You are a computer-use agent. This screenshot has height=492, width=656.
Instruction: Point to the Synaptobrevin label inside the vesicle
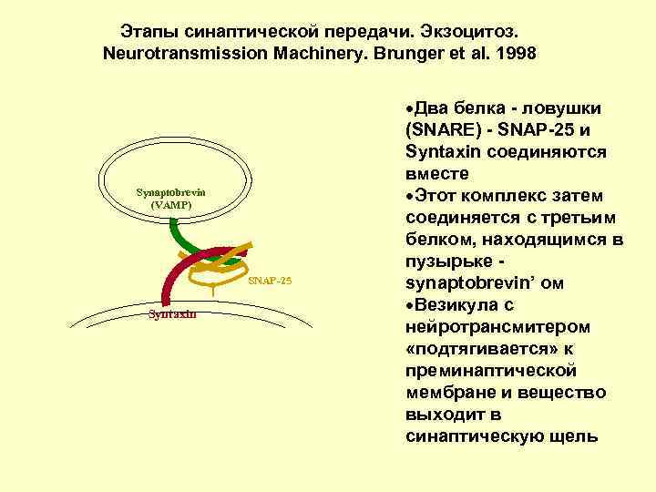170,192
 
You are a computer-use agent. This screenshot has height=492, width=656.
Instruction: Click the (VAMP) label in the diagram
170,205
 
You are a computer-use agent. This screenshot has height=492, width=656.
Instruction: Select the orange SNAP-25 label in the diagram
270,281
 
